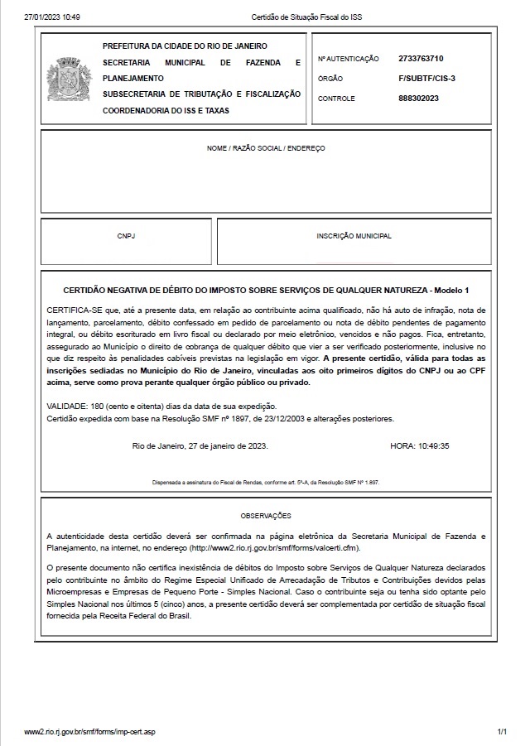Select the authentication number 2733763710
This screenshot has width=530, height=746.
(421, 59)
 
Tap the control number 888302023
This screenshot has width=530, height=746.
(418, 99)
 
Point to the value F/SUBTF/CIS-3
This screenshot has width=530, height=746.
(426, 79)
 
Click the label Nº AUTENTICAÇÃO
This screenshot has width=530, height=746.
(348, 60)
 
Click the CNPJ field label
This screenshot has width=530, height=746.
(126, 236)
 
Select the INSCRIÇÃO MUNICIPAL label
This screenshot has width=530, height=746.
(354, 236)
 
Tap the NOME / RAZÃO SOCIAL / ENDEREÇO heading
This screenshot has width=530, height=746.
(266, 148)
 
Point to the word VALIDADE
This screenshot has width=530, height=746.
(70, 407)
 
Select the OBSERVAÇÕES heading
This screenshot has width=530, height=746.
(266, 514)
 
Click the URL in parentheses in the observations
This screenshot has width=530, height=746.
(275, 548)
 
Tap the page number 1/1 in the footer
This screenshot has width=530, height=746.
(502, 733)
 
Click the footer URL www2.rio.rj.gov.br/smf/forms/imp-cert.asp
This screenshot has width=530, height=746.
(89, 733)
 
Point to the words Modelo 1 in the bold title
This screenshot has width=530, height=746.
(451, 291)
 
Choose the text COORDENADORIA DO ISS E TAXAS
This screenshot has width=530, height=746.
(166, 110)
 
